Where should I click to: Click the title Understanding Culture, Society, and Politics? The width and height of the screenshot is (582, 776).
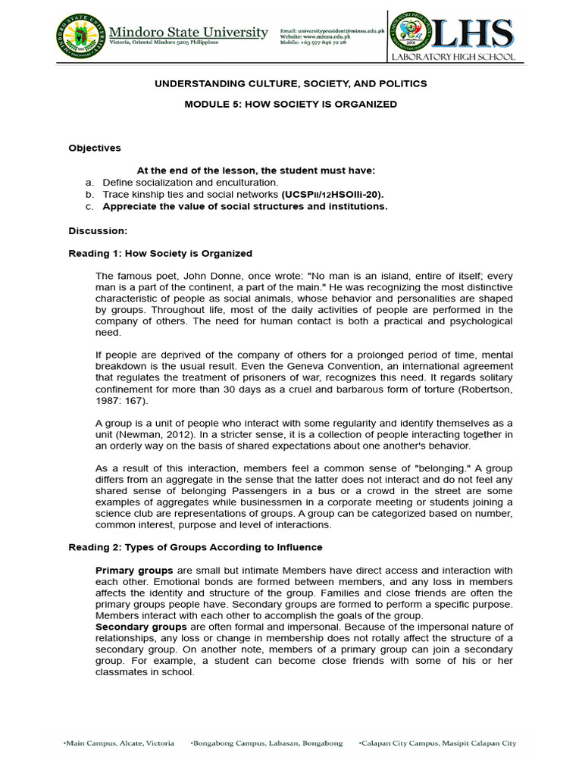coord(291,83)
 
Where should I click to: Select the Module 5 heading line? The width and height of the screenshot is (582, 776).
coord(291,104)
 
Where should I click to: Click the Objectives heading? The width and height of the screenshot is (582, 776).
coord(95,148)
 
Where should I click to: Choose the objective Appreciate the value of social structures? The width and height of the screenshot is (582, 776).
coord(245,206)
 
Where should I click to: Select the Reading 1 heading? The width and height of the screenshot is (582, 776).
coord(160,253)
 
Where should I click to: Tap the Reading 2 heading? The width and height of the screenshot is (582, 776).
coord(195,547)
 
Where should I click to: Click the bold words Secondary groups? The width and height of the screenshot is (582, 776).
coord(141,627)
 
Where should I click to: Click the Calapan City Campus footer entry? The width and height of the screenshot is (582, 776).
coord(437,743)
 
